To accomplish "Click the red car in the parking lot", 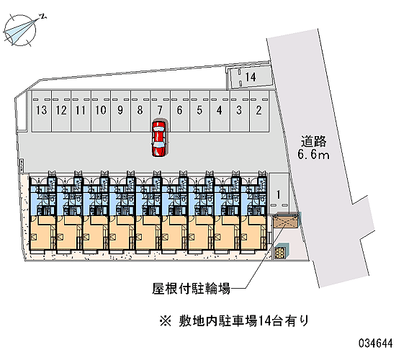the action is [x=159, y=138].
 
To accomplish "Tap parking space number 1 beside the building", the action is [x=279, y=193].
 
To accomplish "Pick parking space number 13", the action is [x=42, y=111].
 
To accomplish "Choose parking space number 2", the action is [x=259, y=111].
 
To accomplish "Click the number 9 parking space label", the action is [x=120, y=110].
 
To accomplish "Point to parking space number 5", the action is [x=199, y=111].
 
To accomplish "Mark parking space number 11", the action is [x=81, y=111].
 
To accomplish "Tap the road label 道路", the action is [x=313, y=141].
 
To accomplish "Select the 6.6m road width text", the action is [x=313, y=154].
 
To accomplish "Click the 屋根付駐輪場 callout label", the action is [x=191, y=289].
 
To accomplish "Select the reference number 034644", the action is [x=376, y=343].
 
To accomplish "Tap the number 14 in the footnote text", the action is [x=263, y=322].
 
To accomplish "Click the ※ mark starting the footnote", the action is [x=166, y=322].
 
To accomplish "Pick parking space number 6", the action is [x=180, y=111].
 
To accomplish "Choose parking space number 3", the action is [x=240, y=111].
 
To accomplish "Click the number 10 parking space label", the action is [x=101, y=110].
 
